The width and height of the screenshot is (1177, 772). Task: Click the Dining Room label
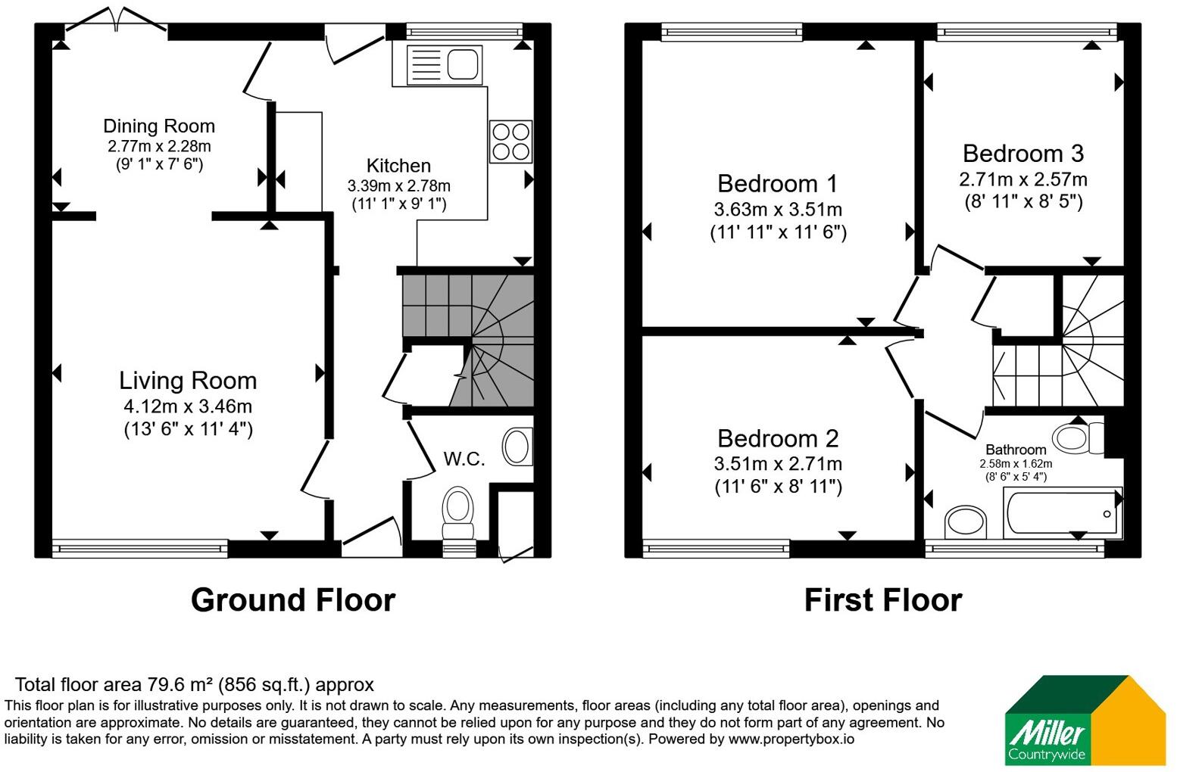159,126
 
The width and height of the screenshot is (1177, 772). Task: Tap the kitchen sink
444,65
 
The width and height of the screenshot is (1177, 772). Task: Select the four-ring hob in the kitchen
510,142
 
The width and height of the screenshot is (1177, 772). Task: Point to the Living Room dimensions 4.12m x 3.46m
188,406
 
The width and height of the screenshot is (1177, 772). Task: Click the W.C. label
464,459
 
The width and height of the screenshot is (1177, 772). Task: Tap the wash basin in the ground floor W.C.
517,447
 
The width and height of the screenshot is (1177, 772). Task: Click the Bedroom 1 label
777,184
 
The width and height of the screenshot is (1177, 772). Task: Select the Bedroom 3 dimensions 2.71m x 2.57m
1023,179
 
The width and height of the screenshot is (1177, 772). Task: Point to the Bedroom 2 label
778,438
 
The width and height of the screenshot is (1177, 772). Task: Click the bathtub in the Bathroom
1063,513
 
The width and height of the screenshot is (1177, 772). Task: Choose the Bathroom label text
1016,450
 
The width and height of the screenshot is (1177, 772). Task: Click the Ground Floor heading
292,600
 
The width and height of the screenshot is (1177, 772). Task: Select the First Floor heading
883,600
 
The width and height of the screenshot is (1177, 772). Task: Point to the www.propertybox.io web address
791,739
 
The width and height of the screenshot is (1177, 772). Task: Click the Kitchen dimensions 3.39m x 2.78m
398,186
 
